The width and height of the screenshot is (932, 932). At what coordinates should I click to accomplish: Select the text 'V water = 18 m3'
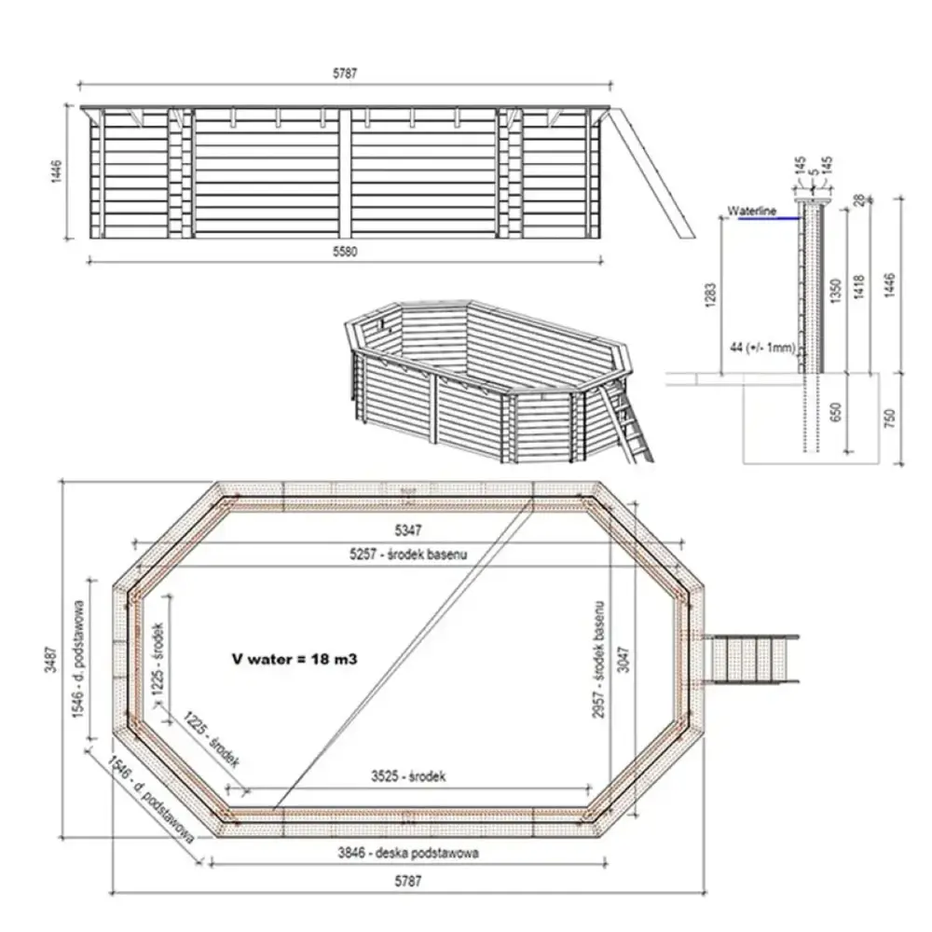coord(295,658)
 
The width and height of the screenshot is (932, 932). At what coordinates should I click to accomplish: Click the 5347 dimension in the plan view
coord(407,531)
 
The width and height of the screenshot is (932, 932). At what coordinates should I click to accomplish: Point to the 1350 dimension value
coord(836,290)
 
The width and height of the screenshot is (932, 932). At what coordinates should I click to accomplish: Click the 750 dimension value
coord(891,417)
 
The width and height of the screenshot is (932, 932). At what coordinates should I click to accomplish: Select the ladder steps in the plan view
coord(754,658)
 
